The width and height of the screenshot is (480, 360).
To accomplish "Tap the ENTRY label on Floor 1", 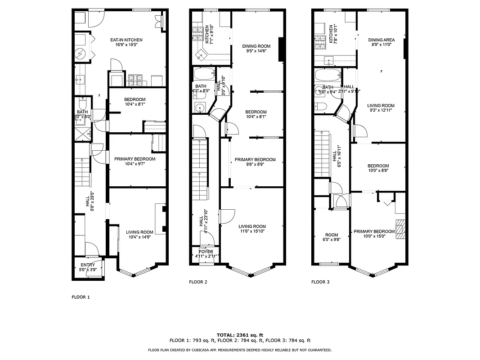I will [x=88, y=265].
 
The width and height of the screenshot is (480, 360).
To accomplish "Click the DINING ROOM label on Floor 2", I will [x=256, y=46].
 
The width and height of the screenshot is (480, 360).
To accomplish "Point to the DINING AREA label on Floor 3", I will [x=381, y=40].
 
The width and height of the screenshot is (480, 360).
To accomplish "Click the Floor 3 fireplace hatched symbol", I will [x=400, y=229].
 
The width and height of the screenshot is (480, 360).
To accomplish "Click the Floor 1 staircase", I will [x=82, y=172].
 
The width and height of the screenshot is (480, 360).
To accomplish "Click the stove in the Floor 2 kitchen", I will [x=197, y=33].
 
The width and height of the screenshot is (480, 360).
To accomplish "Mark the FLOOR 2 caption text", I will [x=197, y=282].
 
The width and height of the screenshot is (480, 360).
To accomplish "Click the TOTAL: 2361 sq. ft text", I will [x=240, y=335].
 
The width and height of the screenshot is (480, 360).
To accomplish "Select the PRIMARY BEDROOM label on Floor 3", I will [x=374, y=231].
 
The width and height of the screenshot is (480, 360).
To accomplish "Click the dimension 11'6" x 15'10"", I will [x=252, y=232].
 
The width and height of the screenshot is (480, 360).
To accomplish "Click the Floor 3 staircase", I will [x=323, y=155].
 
